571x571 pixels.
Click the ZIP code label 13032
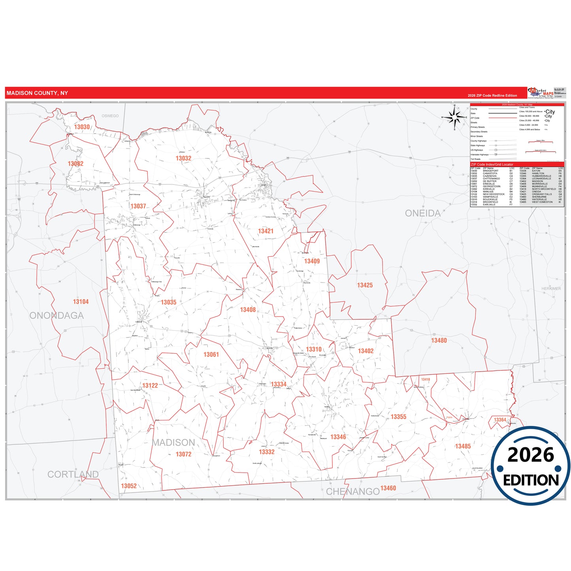point(183,158)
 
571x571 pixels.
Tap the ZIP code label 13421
point(266,231)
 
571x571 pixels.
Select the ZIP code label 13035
point(168,302)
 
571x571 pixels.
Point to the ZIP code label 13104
point(81,302)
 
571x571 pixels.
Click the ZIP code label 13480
point(439,341)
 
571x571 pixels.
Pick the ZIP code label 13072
point(183,454)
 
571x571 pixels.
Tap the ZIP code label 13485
point(463,447)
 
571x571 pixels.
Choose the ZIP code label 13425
point(365,285)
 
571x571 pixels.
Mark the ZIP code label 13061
point(211,355)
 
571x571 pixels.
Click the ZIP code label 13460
point(388,488)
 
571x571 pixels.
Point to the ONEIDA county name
point(422,213)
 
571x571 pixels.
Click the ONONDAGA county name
point(57,316)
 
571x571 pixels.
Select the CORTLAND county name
point(73,475)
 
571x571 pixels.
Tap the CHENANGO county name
point(352,492)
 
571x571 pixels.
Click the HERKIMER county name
point(551,289)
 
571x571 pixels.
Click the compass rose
point(455,117)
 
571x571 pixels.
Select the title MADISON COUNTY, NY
point(37,93)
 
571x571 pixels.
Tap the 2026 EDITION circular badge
point(530,466)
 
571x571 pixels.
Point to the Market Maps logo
point(541,93)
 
